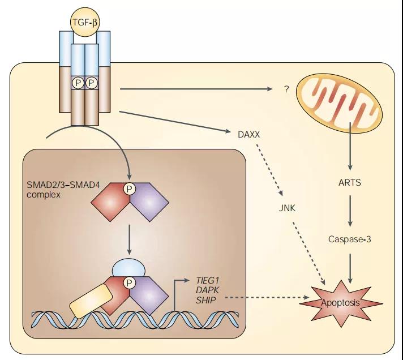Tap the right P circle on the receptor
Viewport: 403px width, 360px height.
pyautogui.click(x=91, y=83)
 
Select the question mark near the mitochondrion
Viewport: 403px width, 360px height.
pyautogui.click(x=286, y=89)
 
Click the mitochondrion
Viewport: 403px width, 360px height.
pyautogui.click(x=341, y=102)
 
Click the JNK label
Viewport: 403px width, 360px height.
pyautogui.click(x=287, y=208)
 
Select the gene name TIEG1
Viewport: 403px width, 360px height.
pyautogui.click(x=207, y=280)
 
